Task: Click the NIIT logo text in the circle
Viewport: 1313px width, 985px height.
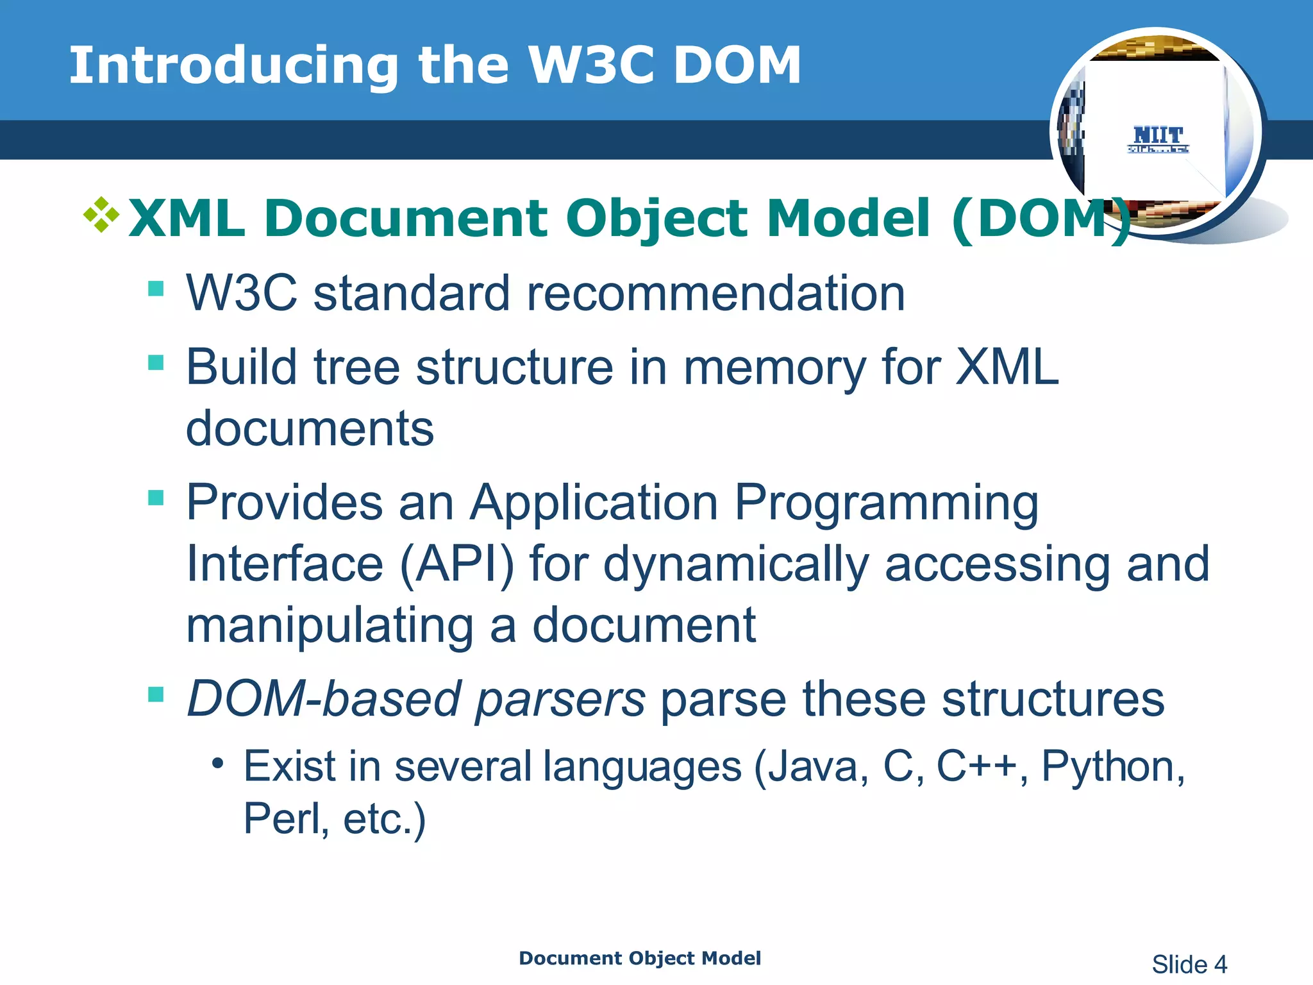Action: pyautogui.click(x=1158, y=135)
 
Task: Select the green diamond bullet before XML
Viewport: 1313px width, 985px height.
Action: pyautogui.click(x=101, y=215)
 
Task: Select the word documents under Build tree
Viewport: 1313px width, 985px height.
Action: pyautogui.click(x=310, y=428)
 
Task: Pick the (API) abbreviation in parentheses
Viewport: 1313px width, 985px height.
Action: pyautogui.click(x=456, y=564)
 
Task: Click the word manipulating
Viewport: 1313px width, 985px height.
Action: pyautogui.click(x=330, y=626)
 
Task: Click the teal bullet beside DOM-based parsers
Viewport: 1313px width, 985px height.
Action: pyautogui.click(x=156, y=695)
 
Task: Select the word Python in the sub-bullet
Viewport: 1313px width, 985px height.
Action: pyautogui.click(x=1112, y=766)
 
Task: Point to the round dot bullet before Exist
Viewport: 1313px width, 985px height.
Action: pyautogui.click(x=218, y=763)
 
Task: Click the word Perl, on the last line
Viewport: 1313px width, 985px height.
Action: pyautogui.click(x=286, y=818)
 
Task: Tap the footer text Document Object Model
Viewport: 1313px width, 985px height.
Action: pyautogui.click(x=639, y=958)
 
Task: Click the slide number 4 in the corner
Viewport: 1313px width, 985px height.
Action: pyautogui.click(x=1220, y=964)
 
